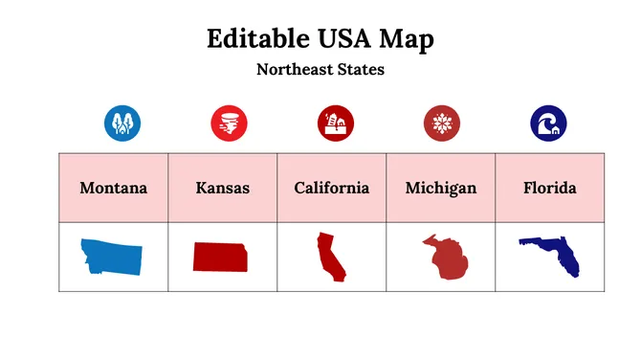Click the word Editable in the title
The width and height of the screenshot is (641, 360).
coord(251,39)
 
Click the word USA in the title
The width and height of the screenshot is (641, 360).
coord(337,39)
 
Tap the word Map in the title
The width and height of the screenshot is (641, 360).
coord(408,39)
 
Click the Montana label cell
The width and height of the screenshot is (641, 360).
coord(113,188)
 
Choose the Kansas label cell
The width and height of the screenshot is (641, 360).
coord(222,188)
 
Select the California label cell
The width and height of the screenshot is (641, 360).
coord(331,188)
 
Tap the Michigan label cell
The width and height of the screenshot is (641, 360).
coord(440,188)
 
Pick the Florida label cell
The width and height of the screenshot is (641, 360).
coord(549,188)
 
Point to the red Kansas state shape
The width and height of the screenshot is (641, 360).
coord(222,257)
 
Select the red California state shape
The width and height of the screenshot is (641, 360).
coord(331,256)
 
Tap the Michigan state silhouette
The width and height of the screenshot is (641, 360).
coord(443,258)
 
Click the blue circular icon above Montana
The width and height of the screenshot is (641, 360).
coord(122,123)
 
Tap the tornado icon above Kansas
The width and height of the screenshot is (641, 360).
coord(229,123)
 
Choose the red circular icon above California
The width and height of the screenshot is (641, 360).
coord(336,123)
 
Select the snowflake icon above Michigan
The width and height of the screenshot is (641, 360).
coord(442,123)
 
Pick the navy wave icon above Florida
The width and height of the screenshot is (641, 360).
coord(548,123)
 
